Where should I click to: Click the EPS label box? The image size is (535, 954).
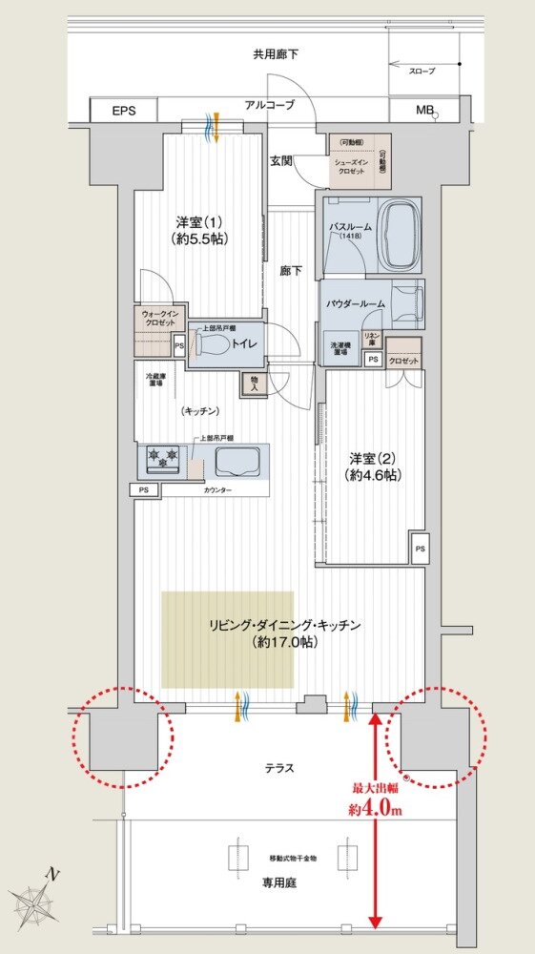click(x=124, y=111)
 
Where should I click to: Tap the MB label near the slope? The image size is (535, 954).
click(x=423, y=111)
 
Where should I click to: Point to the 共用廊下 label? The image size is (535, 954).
click(x=276, y=54)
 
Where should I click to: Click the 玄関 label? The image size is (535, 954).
click(x=280, y=160)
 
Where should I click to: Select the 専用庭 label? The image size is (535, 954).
click(x=280, y=883)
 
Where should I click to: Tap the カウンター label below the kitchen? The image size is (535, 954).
click(x=216, y=490)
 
